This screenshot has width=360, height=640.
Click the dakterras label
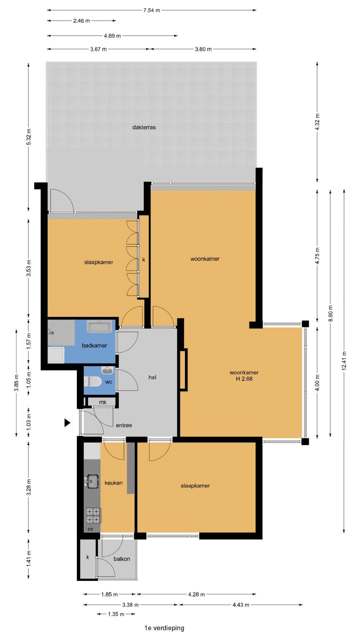point(144,127)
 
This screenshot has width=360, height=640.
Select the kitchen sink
point(92,481)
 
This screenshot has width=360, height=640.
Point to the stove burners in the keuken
point(93,516)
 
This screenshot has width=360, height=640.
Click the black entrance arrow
point(67,423)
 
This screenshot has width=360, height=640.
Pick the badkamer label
point(94,346)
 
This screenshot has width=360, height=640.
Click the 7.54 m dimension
point(152,10)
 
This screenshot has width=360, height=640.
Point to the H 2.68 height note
point(244,379)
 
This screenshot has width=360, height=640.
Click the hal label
point(152,377)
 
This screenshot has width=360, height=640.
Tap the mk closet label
point(103,402)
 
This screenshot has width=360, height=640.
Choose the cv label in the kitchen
point(90,529)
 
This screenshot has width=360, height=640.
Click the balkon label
point(122,559)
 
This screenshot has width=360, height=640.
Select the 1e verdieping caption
point(164,628)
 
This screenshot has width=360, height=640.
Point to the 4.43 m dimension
point(241,605)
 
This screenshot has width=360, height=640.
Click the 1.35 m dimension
point(116,614)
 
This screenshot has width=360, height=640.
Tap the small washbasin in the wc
point(107,370)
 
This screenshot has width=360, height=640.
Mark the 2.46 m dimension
point(82,21)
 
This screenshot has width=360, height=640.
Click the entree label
point(124,425)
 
